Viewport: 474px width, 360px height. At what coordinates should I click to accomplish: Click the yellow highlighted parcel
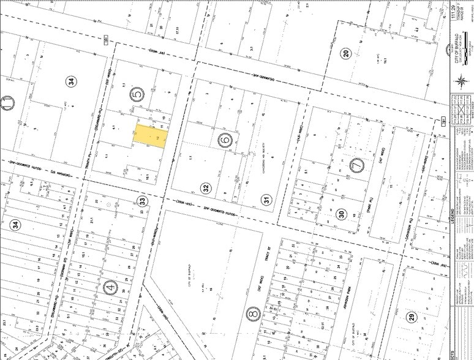point(150,136)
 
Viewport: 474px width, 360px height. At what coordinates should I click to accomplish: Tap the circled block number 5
point(137,94)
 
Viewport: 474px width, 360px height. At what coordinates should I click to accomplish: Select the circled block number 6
point(224,140)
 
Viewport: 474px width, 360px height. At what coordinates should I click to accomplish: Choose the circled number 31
point(266,198)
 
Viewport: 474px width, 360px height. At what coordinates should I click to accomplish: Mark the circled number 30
point(341,214)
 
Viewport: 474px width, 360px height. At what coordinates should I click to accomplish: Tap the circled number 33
point(143,200)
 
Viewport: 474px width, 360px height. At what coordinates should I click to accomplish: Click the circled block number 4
point(110,288)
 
